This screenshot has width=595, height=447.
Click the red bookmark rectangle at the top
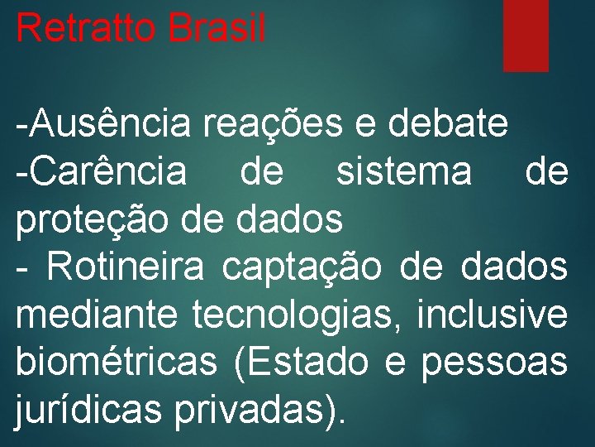pyautogui.click(x=526, y=35)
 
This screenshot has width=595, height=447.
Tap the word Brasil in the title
pyautogui.click(x=216, y=28)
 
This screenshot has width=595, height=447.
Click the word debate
pyautogui.click(x=447, y=124)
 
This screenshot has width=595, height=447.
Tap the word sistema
pyautogui.click(x=403, y=172)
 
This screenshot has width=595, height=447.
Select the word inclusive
pyautogui.click(x=493, y=315)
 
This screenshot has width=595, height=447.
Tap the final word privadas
pyautogui.click(x=256, y=411)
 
